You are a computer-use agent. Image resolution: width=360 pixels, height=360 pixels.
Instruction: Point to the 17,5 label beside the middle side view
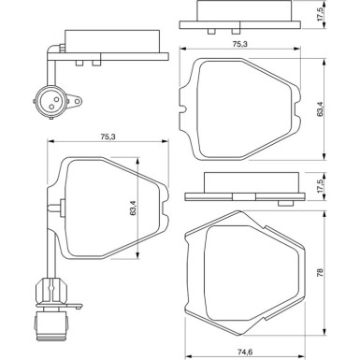coord(320,189)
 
